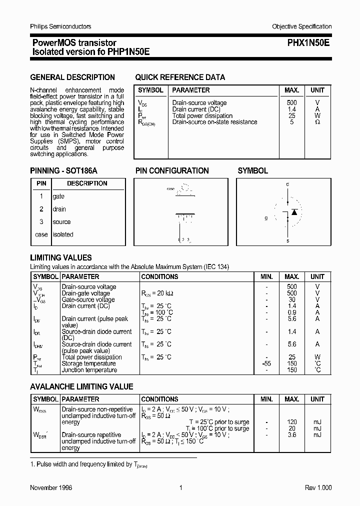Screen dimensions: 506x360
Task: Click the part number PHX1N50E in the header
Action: point(308,43)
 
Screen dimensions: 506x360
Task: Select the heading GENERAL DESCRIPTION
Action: point(72,77)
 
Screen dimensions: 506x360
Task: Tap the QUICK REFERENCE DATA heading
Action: point(180,77)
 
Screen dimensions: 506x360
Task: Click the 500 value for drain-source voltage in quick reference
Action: point(291,103)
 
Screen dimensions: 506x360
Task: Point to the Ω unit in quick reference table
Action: point(317,122)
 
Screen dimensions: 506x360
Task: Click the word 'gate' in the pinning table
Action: point(58,196)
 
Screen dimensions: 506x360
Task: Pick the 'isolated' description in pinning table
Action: point(63,234)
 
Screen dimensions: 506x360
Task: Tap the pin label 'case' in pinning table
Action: point(41,234)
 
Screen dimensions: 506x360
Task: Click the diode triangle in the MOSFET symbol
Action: point(294,212)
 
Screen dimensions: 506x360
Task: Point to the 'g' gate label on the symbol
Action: point(266,218)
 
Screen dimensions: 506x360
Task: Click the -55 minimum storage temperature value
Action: point(266,363)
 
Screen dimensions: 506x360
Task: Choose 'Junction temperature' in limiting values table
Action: point(89,370)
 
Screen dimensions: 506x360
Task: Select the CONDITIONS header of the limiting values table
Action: point(159,276)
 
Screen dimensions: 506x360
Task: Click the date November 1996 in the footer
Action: point(51,487)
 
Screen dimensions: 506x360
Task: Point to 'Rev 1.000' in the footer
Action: point(318,487)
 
